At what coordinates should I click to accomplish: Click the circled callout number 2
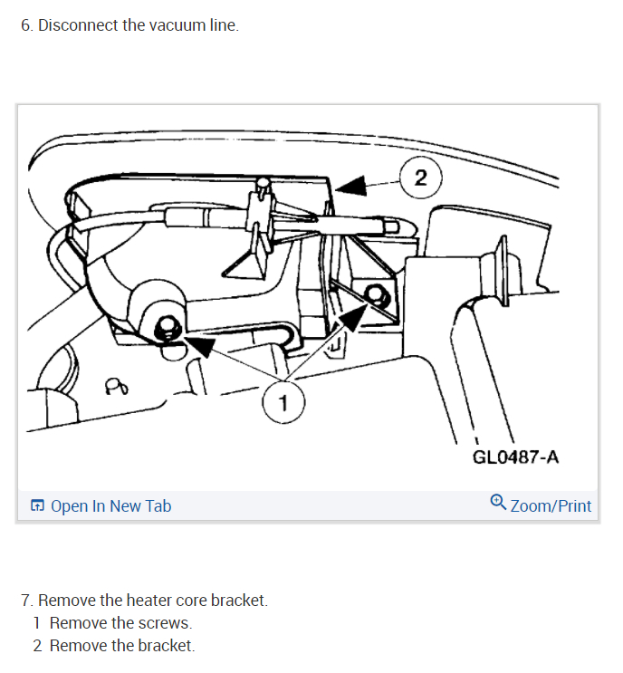[421, 178]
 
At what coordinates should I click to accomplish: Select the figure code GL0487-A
[515, 457]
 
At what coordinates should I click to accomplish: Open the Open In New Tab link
[110, 506]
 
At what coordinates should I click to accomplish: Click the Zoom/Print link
[551, 506]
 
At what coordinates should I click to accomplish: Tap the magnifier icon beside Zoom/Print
[497, 503]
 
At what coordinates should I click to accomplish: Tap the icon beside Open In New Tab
[37, 506]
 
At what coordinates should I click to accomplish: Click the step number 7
[25, 600]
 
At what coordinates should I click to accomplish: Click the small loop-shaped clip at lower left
[115, 387]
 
